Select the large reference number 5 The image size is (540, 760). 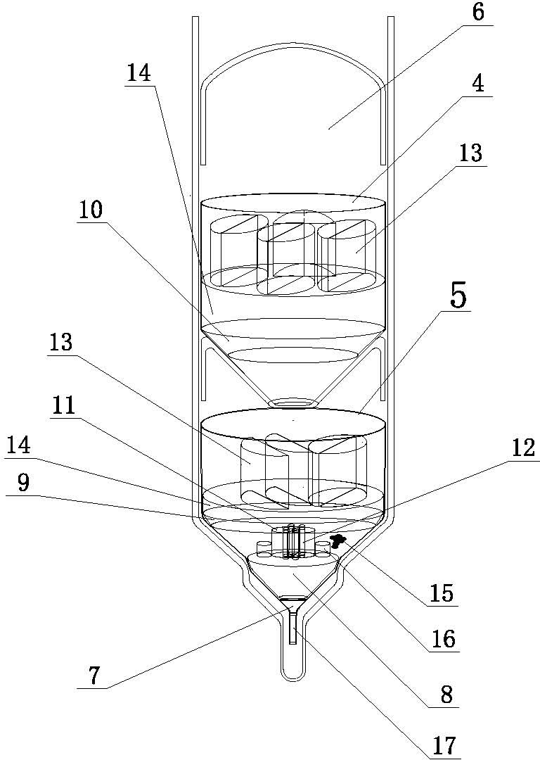[458, 297]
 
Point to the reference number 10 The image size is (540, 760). [91, 210]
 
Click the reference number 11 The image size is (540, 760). [65, 406]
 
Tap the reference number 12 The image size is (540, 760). [525, 448]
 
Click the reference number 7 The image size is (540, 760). [94, 676]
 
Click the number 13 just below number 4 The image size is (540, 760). [471, 153]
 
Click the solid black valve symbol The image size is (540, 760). [338, 540]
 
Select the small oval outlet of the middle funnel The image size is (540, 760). [293, 403]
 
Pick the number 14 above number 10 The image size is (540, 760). [139, 73]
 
